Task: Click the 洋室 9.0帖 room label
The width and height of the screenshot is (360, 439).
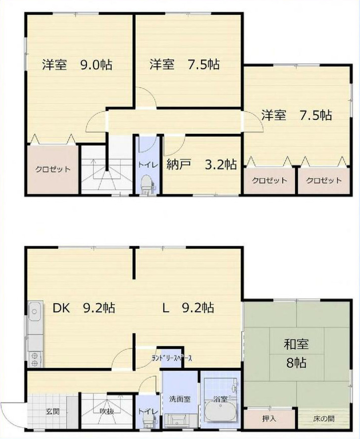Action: pos(76,65)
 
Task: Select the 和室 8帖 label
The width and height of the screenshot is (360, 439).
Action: pos(297,353)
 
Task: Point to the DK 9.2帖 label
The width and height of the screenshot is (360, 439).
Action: pos(84,308)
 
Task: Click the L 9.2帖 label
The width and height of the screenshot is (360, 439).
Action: pos(188,308)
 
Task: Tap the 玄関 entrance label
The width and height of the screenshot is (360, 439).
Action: pos(53,411)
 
